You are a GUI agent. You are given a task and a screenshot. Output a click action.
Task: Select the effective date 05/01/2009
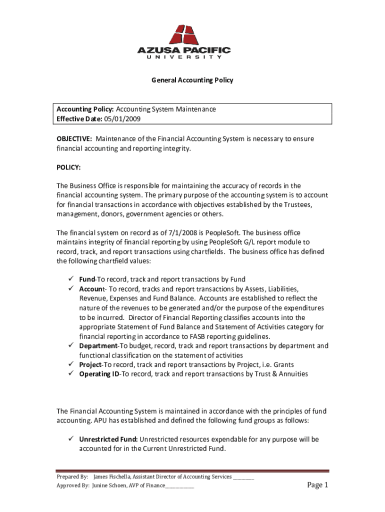(x=122, y=118)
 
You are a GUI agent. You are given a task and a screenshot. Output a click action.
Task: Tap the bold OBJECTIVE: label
(x=74, y=138)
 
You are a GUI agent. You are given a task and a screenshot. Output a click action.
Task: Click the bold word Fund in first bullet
(x=87, y=279)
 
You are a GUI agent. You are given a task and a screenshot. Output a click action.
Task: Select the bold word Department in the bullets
(x=98, y=345)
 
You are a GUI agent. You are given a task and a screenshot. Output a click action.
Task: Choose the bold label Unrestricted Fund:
(x=108, y=439)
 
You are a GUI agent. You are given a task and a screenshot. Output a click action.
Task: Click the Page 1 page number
(x=317, y=485)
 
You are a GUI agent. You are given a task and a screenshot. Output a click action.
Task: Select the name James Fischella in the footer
(x=114, y=477)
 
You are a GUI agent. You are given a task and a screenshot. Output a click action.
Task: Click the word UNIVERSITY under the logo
(x=184, y=57)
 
